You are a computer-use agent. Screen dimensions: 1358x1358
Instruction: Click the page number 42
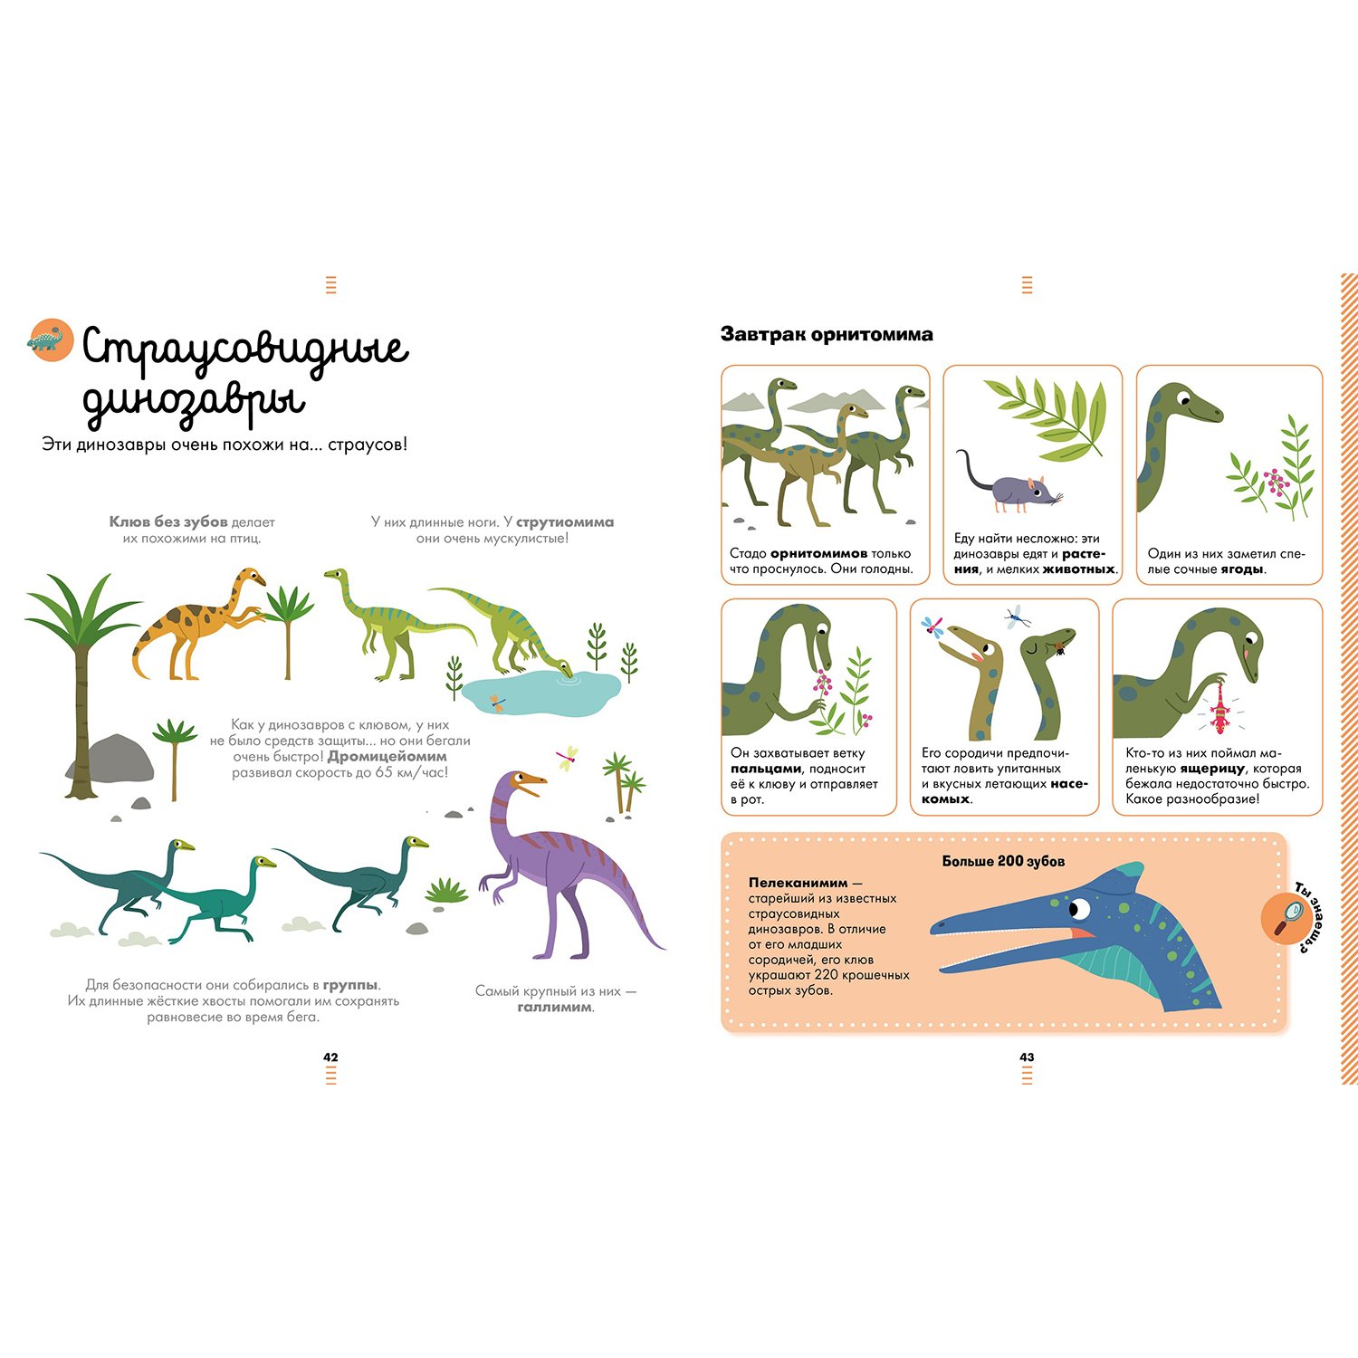pyautogui.click(x=330, y=1057)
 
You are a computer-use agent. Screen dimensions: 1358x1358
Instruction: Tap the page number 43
pyautogui.click(x=1027, y=1057)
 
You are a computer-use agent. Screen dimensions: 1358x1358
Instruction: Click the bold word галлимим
pyautogui.click(x=555, y=1007)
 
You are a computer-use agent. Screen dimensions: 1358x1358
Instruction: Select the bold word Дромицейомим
pyautogui.click(x=387, y=757)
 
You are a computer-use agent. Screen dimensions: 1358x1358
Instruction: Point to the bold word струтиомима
pyautogui.click(x=565, y=522)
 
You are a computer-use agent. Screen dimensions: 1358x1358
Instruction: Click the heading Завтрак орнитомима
pyautogui.click(x=827, y=334)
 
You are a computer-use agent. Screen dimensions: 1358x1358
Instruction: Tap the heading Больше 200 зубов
pyautogui.click(x=1003, y=861)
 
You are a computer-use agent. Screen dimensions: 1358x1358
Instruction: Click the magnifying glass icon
pyautogui.click(x=1286, y=918)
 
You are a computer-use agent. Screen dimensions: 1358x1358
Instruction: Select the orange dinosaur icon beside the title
pyautogui.click(x=51, y=340)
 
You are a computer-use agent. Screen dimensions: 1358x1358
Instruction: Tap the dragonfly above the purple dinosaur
pyautogui.click(x=568, y=759)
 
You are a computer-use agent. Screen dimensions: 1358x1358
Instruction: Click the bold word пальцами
pyautogui.click(x=766, y=770)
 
